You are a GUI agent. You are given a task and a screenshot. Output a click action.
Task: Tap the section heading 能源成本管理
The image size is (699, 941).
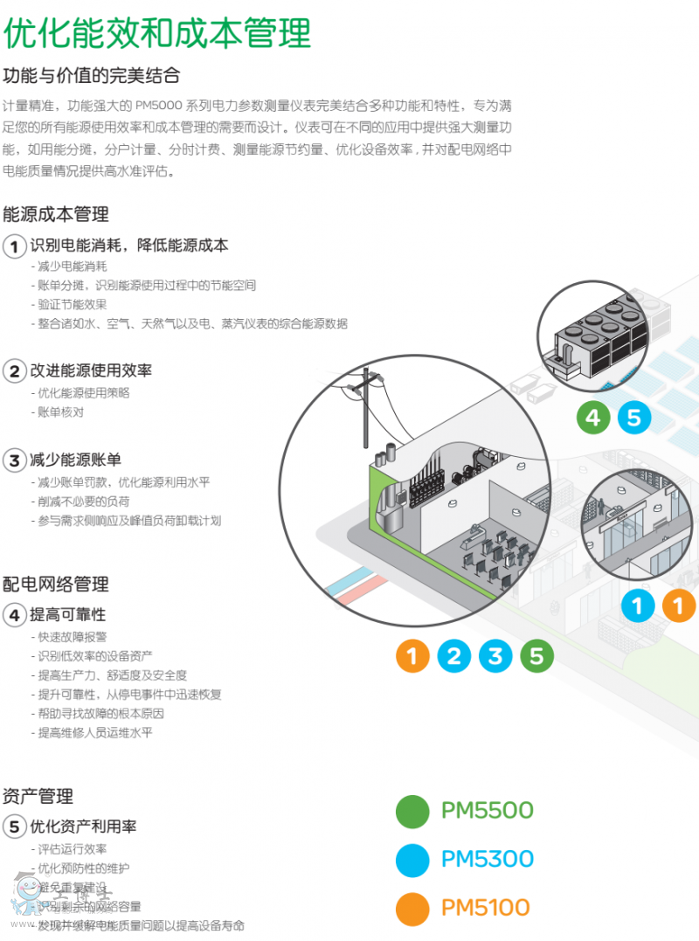(56, 213)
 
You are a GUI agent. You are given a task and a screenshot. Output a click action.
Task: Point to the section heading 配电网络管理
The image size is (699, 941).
(56, 584)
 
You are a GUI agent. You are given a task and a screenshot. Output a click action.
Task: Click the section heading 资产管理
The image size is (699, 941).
(38, 796)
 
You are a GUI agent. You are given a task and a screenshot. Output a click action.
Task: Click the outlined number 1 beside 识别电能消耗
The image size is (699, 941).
(15, 246)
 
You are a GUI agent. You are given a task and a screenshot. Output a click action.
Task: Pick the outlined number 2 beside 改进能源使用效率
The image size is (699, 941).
(15, 371)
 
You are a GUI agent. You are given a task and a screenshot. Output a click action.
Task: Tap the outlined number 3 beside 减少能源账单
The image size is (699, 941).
(15, 460)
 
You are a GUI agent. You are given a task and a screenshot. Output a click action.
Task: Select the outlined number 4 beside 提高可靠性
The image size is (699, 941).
(15, 615)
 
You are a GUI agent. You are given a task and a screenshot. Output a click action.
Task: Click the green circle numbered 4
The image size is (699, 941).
(593, 417)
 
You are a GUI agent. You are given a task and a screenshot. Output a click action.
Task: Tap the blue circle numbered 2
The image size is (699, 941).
(453, 655)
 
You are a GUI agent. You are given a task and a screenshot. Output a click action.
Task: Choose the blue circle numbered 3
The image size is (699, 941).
(495, 655)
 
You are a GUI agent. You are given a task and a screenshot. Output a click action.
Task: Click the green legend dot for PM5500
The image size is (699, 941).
(412, 811)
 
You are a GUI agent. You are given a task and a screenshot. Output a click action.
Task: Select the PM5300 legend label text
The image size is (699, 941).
(487, 859)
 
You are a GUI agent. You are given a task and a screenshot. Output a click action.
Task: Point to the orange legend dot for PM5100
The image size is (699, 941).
(412, 908)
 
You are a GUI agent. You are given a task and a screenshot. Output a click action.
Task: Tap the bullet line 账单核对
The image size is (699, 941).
(60, 412)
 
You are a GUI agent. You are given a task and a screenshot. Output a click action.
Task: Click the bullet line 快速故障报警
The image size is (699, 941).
(73, 637)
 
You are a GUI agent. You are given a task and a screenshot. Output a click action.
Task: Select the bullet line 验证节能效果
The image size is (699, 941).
(73, 304)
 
